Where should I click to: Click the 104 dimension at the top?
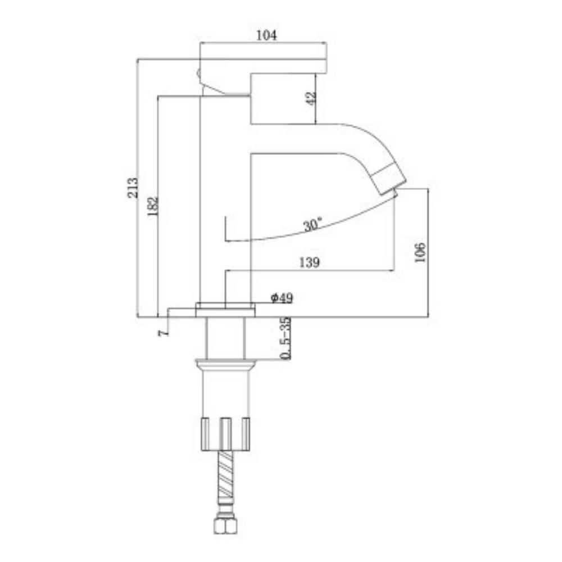tap(266, 35)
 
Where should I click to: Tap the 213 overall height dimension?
tap(133, 188)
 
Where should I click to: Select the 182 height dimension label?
tap(153, 206)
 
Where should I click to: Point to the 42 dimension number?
tap(311, 98)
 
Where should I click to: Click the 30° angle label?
tap(312, 224)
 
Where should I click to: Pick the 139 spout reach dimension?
tap(309, 262)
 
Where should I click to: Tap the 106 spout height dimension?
tap(420, 252)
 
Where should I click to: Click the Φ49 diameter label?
tap(282, 297)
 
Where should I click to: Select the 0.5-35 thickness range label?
tap(285, 338)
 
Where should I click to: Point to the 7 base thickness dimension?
tap(163, 333)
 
